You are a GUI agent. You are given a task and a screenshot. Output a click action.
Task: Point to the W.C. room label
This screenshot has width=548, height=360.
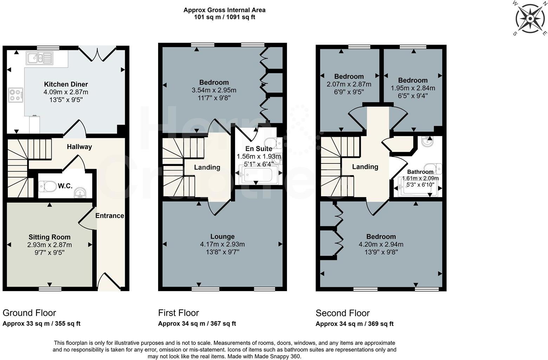(66, 186)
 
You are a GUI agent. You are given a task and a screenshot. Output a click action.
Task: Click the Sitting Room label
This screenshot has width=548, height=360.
(50, 237)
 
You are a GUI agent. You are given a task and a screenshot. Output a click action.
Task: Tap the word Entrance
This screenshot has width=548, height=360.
(110, 216)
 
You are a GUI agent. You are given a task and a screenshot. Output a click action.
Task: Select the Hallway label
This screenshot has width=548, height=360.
(79, 147)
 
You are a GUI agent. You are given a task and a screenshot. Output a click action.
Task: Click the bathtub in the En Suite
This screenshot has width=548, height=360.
(258, 174)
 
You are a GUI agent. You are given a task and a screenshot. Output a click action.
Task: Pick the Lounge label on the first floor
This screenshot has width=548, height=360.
(222, 237)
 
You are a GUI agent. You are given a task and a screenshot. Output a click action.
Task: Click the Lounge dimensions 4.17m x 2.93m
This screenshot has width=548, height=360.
(222, 244)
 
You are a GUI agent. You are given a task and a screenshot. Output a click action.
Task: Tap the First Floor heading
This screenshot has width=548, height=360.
(178, 313)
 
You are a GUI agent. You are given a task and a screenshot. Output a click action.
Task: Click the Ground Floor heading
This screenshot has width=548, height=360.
(29, 313)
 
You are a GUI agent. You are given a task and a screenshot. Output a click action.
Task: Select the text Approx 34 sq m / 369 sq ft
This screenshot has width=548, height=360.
(354, 324)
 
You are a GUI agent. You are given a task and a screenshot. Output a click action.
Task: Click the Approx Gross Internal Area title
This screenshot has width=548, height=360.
(224, 10)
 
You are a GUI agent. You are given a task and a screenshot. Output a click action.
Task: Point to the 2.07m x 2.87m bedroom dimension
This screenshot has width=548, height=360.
(349, 84)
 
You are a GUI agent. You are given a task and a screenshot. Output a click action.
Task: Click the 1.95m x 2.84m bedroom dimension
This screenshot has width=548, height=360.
(413, 88)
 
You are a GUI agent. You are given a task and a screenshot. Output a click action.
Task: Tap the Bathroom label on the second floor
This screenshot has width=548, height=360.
(420, 172)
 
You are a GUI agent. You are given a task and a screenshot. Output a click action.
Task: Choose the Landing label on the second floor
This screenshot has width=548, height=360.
(365, 167)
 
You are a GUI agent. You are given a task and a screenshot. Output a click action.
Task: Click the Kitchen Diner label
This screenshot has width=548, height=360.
(66, 84)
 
